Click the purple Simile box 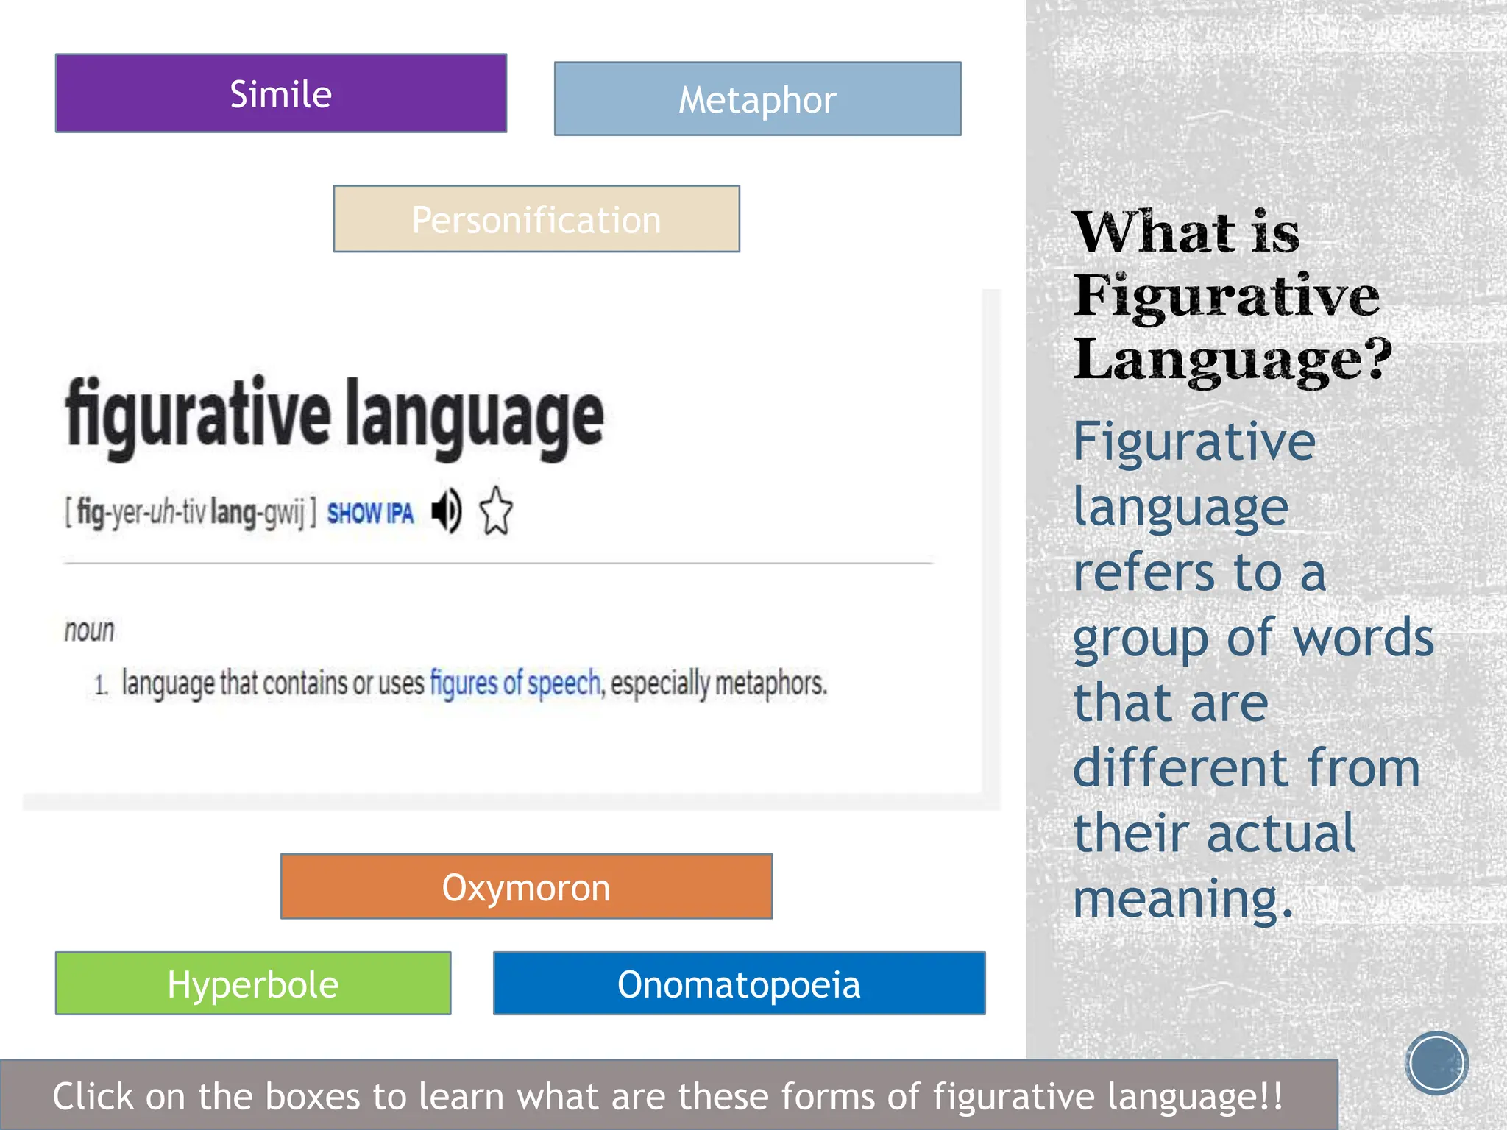tap(280, 93)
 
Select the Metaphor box tap(757, 99)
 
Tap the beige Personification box tap(536, 219)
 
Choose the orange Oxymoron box tap(526, 886)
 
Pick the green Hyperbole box tap(252, 984)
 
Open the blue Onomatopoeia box tap(739, 984)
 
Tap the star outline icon tap(496, 511)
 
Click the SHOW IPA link tap(370, 513)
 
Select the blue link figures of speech tap(515, 683)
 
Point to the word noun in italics tap(90, 630)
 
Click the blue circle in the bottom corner tap(1436, 1063)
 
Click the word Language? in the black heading tap(1232, 359)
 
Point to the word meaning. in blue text tap(1182, 899)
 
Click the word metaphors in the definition tap(770, 683)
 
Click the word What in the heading tap(1153, 232)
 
